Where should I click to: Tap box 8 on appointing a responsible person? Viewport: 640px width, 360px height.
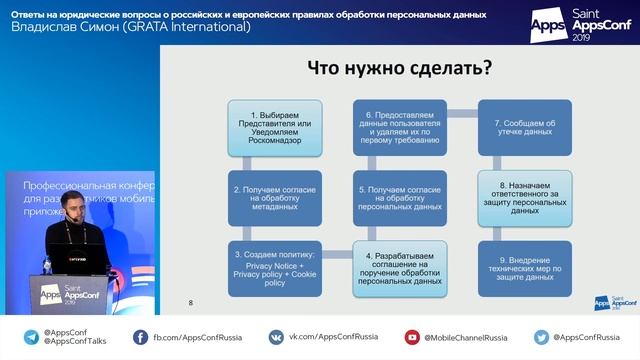pyautogui.click(x=525, y=197)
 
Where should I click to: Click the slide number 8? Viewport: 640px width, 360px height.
pyautogui.click(x=191, y=301)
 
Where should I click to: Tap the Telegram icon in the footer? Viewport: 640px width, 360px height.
pyautogui.click(x=31, y=337)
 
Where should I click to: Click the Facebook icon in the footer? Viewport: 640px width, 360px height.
pyautogui.click(x=140, y=337)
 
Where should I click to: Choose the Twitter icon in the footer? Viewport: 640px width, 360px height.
pyautogui.click(x=541, y=337)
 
